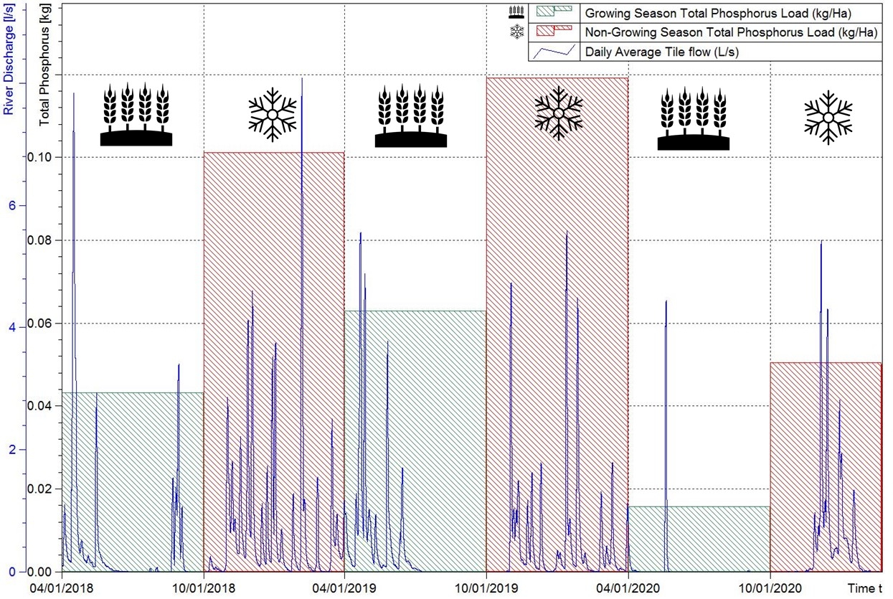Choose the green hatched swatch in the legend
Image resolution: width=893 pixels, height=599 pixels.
coord(554,13)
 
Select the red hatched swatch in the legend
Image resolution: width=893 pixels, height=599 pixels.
coord(554,32)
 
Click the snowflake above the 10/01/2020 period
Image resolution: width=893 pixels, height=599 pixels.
coord(828,117)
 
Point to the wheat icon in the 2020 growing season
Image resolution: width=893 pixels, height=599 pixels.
coord(693,119)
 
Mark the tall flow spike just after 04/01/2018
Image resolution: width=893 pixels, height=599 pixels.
coord(73,97)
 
